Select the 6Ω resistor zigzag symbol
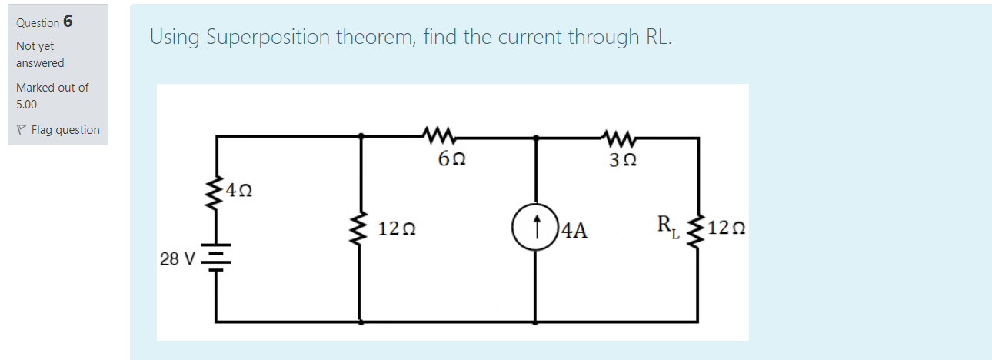(441, 138)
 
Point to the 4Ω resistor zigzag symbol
(215, 195)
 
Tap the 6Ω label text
(451, 160)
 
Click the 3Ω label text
(622, 160)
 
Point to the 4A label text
(574, 229)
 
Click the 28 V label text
(178, 258)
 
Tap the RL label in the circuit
(667, 227)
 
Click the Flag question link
(65, 130)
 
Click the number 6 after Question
(68, 22)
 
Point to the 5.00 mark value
(27, 104)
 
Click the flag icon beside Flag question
(22, 130)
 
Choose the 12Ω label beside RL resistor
(727, 228)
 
